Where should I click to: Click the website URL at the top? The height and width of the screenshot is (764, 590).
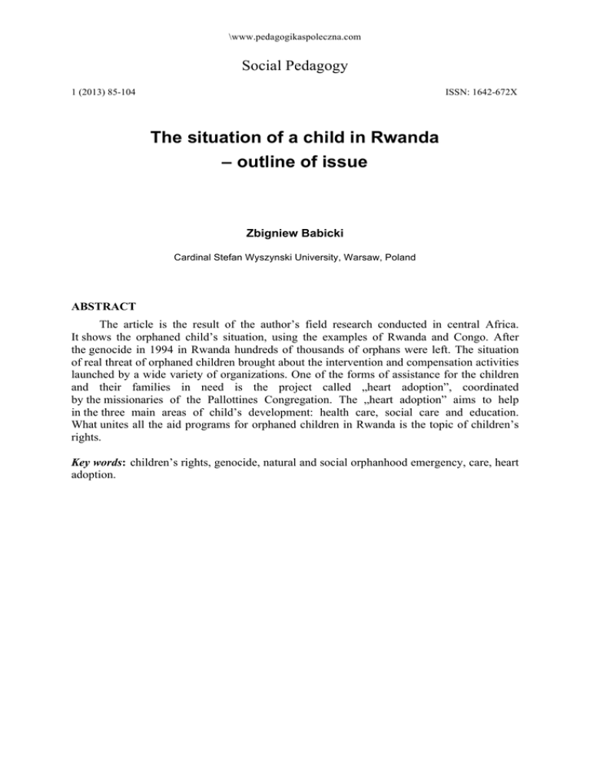coord(295,36)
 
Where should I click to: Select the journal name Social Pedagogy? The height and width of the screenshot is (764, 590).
coord(294,66)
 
